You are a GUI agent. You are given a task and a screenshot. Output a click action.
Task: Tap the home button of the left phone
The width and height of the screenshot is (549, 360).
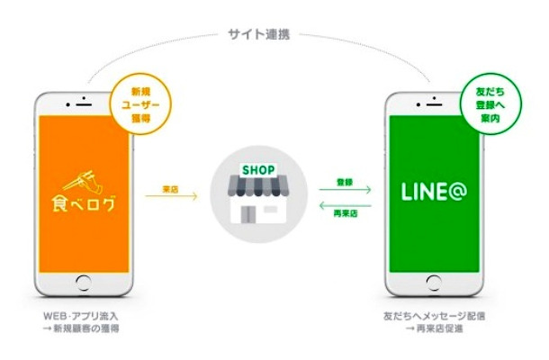84,301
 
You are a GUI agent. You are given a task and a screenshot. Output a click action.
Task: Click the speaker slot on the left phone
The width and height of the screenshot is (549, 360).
84,94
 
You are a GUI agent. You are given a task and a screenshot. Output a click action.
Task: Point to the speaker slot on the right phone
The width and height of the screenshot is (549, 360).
430,94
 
